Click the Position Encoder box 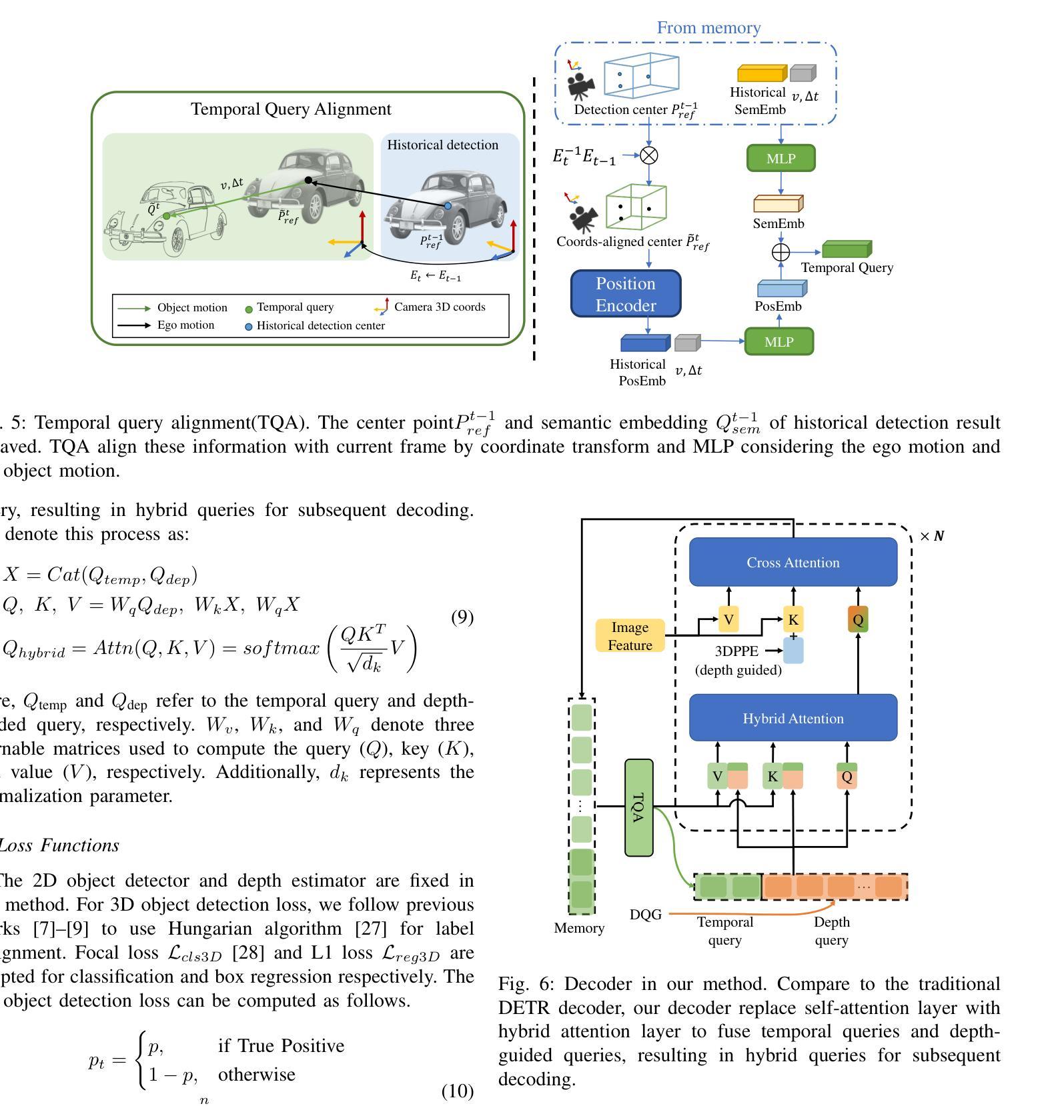[x=626, y=294]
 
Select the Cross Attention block [x=793, y=562]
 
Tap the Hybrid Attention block [x=793, y=718]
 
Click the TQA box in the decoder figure [x=638, y=807]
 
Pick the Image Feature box [x=630, y=636]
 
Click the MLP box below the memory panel [x=781, y=159]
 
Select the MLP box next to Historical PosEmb [x=778, y=342]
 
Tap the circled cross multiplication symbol [x=648, y=155]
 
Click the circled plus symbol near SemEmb [x=781, y=252]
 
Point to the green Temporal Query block [x=847, y=249]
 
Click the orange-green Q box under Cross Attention [x=858, y=619]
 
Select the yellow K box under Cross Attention [x=793, y=620]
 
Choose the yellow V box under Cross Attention [x=728, y=620]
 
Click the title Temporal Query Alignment [x=291, y=109]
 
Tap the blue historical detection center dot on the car [x=448, y=206]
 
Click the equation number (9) [x=462, y=617]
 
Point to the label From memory [x=708, y=28]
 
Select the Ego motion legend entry [x=185, y=325]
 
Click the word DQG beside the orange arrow [x=645, y=915]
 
